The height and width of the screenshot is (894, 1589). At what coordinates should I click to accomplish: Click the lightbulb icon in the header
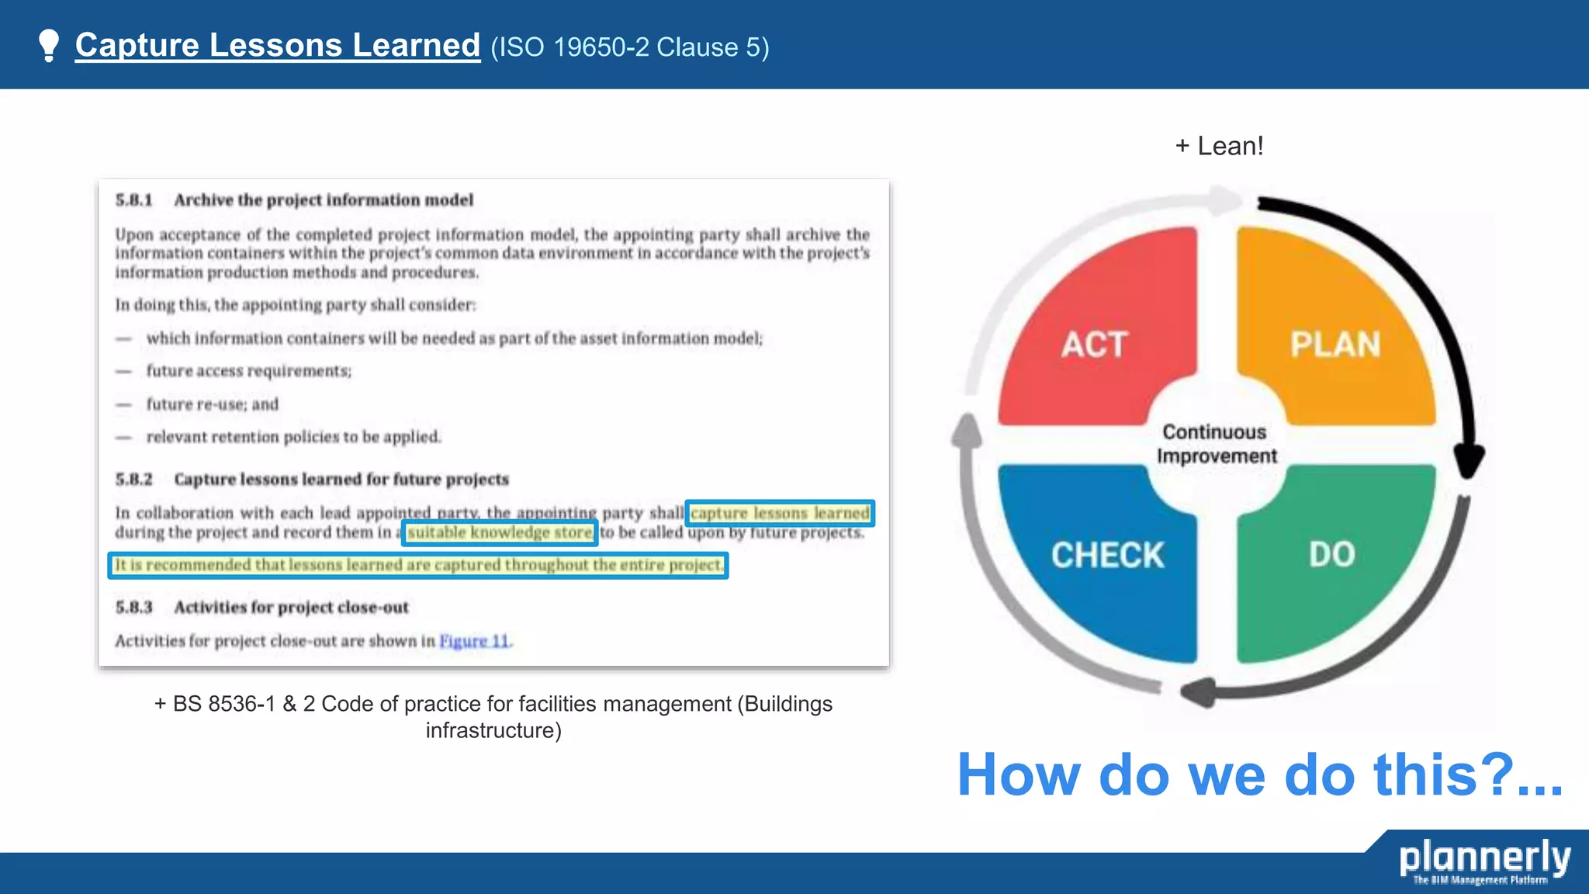pos(49,45)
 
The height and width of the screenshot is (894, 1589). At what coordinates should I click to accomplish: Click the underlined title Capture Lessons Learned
pos(278,45)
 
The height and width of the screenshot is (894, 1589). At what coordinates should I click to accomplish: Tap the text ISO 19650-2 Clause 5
pos(629,47)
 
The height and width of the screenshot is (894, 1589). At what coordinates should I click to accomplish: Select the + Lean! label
pos(1219,146)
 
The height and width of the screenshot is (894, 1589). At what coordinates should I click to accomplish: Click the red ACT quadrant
pos(1095,334)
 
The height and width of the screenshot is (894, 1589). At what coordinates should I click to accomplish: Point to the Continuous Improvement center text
pos(1216,444)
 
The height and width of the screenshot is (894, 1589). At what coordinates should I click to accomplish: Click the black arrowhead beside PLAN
pos(1468,461)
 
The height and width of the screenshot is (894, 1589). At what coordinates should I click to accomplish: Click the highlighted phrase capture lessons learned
pos(780,513)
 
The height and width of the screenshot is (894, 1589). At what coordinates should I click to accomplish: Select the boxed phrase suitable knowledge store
pos(500,532)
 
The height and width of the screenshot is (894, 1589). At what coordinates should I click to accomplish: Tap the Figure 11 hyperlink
pos(474,641)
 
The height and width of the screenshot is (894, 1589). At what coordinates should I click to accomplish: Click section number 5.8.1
pos(134,200)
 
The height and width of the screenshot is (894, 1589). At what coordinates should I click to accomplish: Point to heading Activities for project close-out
pos(291,607)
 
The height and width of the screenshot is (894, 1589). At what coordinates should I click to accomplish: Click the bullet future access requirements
pos(248,371)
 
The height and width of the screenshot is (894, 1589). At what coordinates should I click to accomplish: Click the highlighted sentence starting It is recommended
pos(417,565)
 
